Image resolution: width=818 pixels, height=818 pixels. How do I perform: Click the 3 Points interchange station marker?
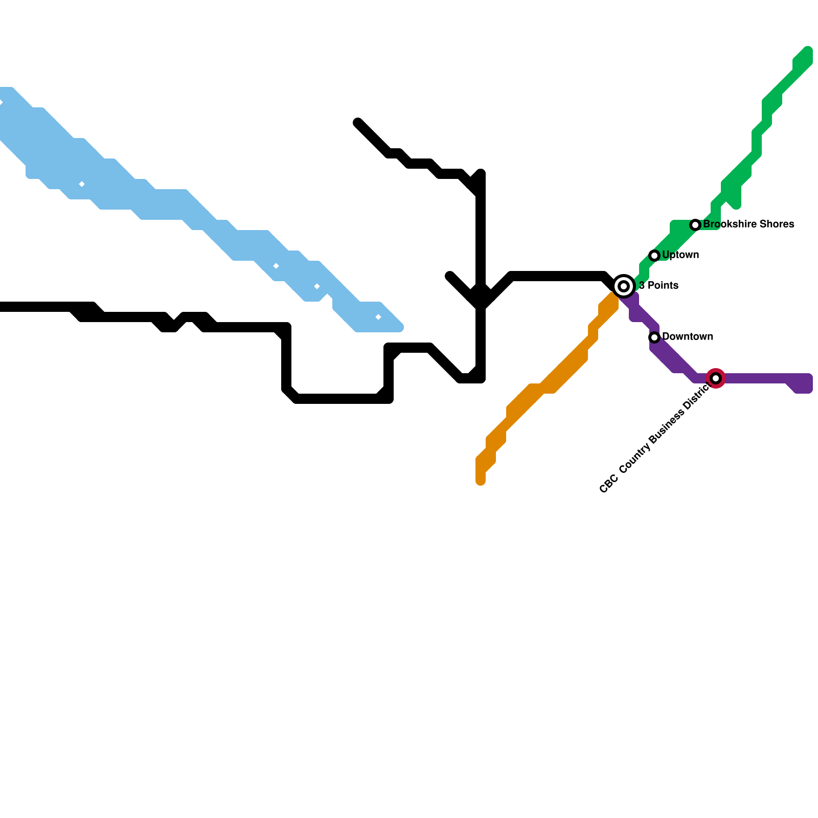624,286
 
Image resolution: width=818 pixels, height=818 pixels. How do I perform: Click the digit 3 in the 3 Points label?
642,286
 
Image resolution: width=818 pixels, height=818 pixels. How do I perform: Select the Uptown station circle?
654,256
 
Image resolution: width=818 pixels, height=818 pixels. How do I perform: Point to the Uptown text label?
680,255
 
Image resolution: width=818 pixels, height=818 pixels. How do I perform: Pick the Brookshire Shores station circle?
695,225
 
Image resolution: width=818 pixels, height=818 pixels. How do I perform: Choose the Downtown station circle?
654,337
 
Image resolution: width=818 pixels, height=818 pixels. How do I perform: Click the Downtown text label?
688,337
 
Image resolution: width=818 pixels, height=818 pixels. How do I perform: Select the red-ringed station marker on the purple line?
716,378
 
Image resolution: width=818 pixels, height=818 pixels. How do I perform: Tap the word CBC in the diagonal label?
608,484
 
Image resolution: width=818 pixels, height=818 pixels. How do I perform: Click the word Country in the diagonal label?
634,458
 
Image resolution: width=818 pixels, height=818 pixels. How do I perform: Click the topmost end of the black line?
358,122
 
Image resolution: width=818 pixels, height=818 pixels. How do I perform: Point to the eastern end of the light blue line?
399,327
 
